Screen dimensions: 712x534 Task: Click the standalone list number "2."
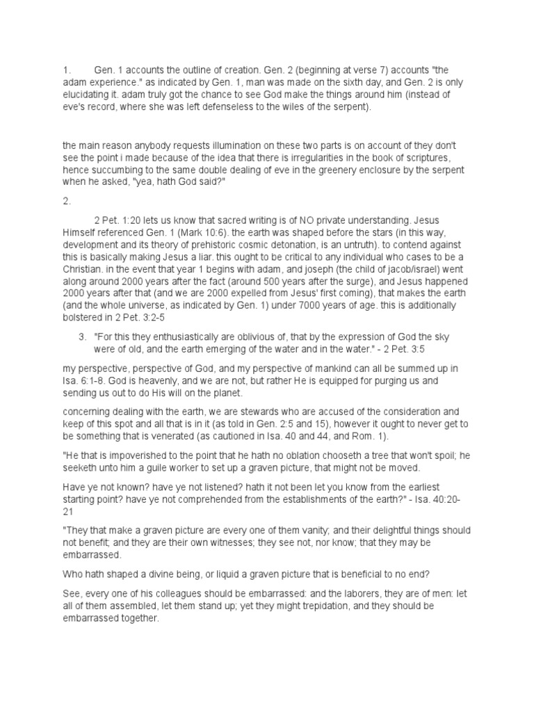pos(67,202)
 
